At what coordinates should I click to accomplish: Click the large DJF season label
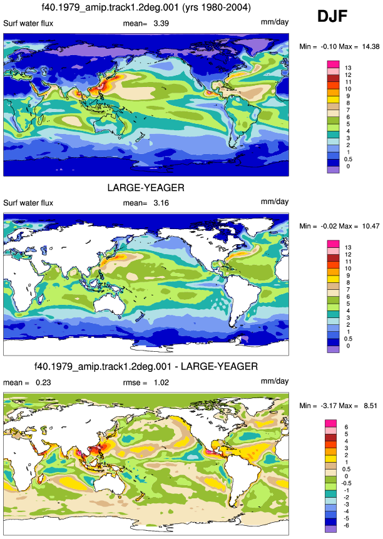tap(332, 16)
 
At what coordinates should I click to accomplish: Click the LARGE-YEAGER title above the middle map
tap(146, 188)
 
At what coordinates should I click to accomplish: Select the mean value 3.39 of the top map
tap(161, 23)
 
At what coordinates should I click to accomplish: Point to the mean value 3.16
tap(161, 203)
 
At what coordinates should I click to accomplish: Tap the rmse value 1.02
tap(161, 382)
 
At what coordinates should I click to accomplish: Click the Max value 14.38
tap(370, 46)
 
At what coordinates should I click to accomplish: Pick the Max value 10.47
tap(370, 226)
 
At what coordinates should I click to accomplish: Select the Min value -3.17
tap(329, 406)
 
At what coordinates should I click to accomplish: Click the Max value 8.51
tap(370, 406)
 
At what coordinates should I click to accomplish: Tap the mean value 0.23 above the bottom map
tap(43, 382)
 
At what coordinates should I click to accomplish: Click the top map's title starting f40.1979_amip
tap(146, 8)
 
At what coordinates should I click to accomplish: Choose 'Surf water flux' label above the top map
tap(28, 23)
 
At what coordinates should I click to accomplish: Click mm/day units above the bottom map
tap(275, 381)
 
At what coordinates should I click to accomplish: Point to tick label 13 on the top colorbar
tap(348, 68)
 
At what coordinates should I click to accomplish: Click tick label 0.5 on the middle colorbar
tap(348, 339)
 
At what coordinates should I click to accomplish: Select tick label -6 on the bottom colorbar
tap(346, 526)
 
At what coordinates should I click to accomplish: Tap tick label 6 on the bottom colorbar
tap(346, 428)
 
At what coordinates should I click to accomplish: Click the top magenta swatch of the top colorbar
tap(333, 64)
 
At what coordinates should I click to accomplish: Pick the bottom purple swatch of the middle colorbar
tap(333, 349)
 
